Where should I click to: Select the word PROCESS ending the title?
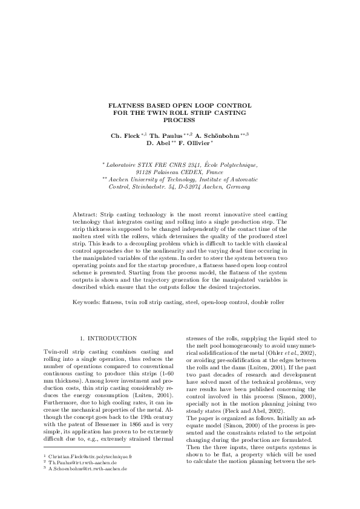coord(180,120)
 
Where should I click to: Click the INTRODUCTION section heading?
coord(112,337)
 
